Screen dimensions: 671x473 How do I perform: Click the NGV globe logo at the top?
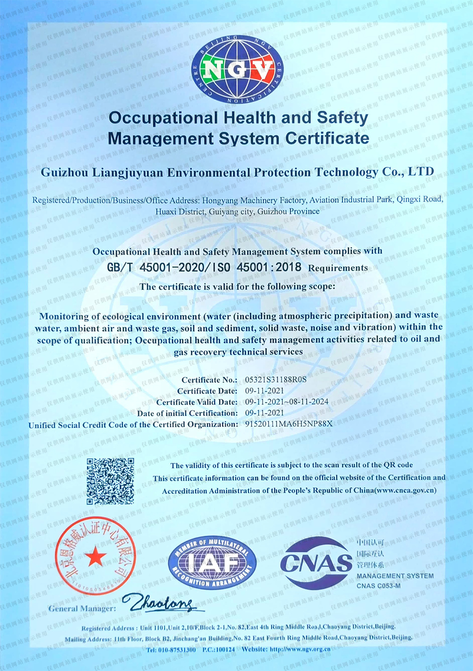pyautogui.click(x=237, y=70)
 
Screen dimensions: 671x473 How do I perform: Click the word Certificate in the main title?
pyautogui.click(x=327, y=138)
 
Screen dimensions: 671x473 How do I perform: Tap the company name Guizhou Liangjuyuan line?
pyautogui.click(x=237, y=172)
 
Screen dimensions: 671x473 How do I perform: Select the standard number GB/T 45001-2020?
pyautogui.click(x=156, y=267)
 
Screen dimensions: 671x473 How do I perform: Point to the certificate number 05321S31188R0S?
pyautogui.click(x=276, y=380)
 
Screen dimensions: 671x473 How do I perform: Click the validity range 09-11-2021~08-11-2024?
pyautogui.click(x=287, y=402)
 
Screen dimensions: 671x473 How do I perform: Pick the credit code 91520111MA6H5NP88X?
pyautogui.click(x=289, y=424)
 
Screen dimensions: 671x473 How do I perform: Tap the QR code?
pyautogui.click(x=110, y=481)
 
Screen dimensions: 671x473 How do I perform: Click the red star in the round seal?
pyautogui.click(x=96, y=557)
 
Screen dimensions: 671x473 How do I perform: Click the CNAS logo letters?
pyautogui.click(x=316, y=563)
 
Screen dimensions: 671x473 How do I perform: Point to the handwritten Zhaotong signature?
pyautogui.click(x=158, y=602)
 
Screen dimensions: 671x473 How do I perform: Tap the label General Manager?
pyautogui.click(x=82, y=609)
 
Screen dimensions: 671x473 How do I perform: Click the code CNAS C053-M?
pyautogui.click(x=378, y=586)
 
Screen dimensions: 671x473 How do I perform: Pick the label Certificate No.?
pyautogui.click(x=209, y=380)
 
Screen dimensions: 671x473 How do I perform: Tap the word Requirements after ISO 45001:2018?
pyautogui.click(x=338, y=268)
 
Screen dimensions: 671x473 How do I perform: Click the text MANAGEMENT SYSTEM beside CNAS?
pyautogui.click(x=395, y=576)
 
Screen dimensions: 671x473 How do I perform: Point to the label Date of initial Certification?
pyautogui.click(x=187, y=413)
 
